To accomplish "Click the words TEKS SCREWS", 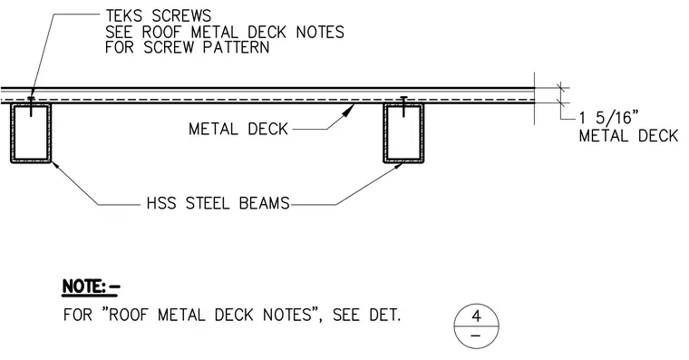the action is [158, 16].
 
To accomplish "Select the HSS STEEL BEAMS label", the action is [218, 203].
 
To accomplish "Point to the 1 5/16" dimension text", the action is [608, 118].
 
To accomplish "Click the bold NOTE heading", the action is [91, 287].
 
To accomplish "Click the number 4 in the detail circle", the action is [476, 316].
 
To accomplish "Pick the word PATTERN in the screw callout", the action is [236, 47].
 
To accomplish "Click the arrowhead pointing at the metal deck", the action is [348, 110].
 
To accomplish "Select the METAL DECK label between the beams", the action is [238, 130].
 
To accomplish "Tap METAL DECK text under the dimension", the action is [628, 136].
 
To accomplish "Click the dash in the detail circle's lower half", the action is [476, 336].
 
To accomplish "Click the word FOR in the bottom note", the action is [78, 316].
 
